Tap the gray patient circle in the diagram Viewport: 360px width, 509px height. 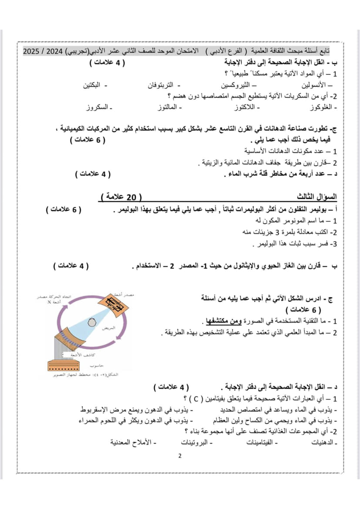pos(92,322)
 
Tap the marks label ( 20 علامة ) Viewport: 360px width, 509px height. pos(121,196)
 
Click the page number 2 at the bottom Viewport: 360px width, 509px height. pos(180,456)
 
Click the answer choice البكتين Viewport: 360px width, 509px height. pos(95,85)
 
